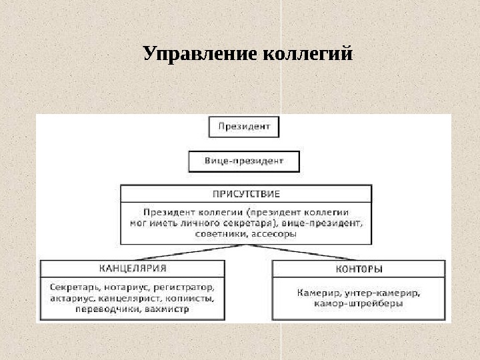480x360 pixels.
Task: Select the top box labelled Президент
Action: (244, 127)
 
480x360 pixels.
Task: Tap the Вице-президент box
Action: (244, 161)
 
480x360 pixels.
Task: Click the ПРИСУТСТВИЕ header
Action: (246, 194)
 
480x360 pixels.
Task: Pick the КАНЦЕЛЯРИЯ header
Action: (133, 269)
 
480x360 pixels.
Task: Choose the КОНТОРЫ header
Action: (359, 269)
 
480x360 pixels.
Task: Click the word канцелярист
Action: (129, 298)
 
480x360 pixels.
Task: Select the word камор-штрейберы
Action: (359, 303)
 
